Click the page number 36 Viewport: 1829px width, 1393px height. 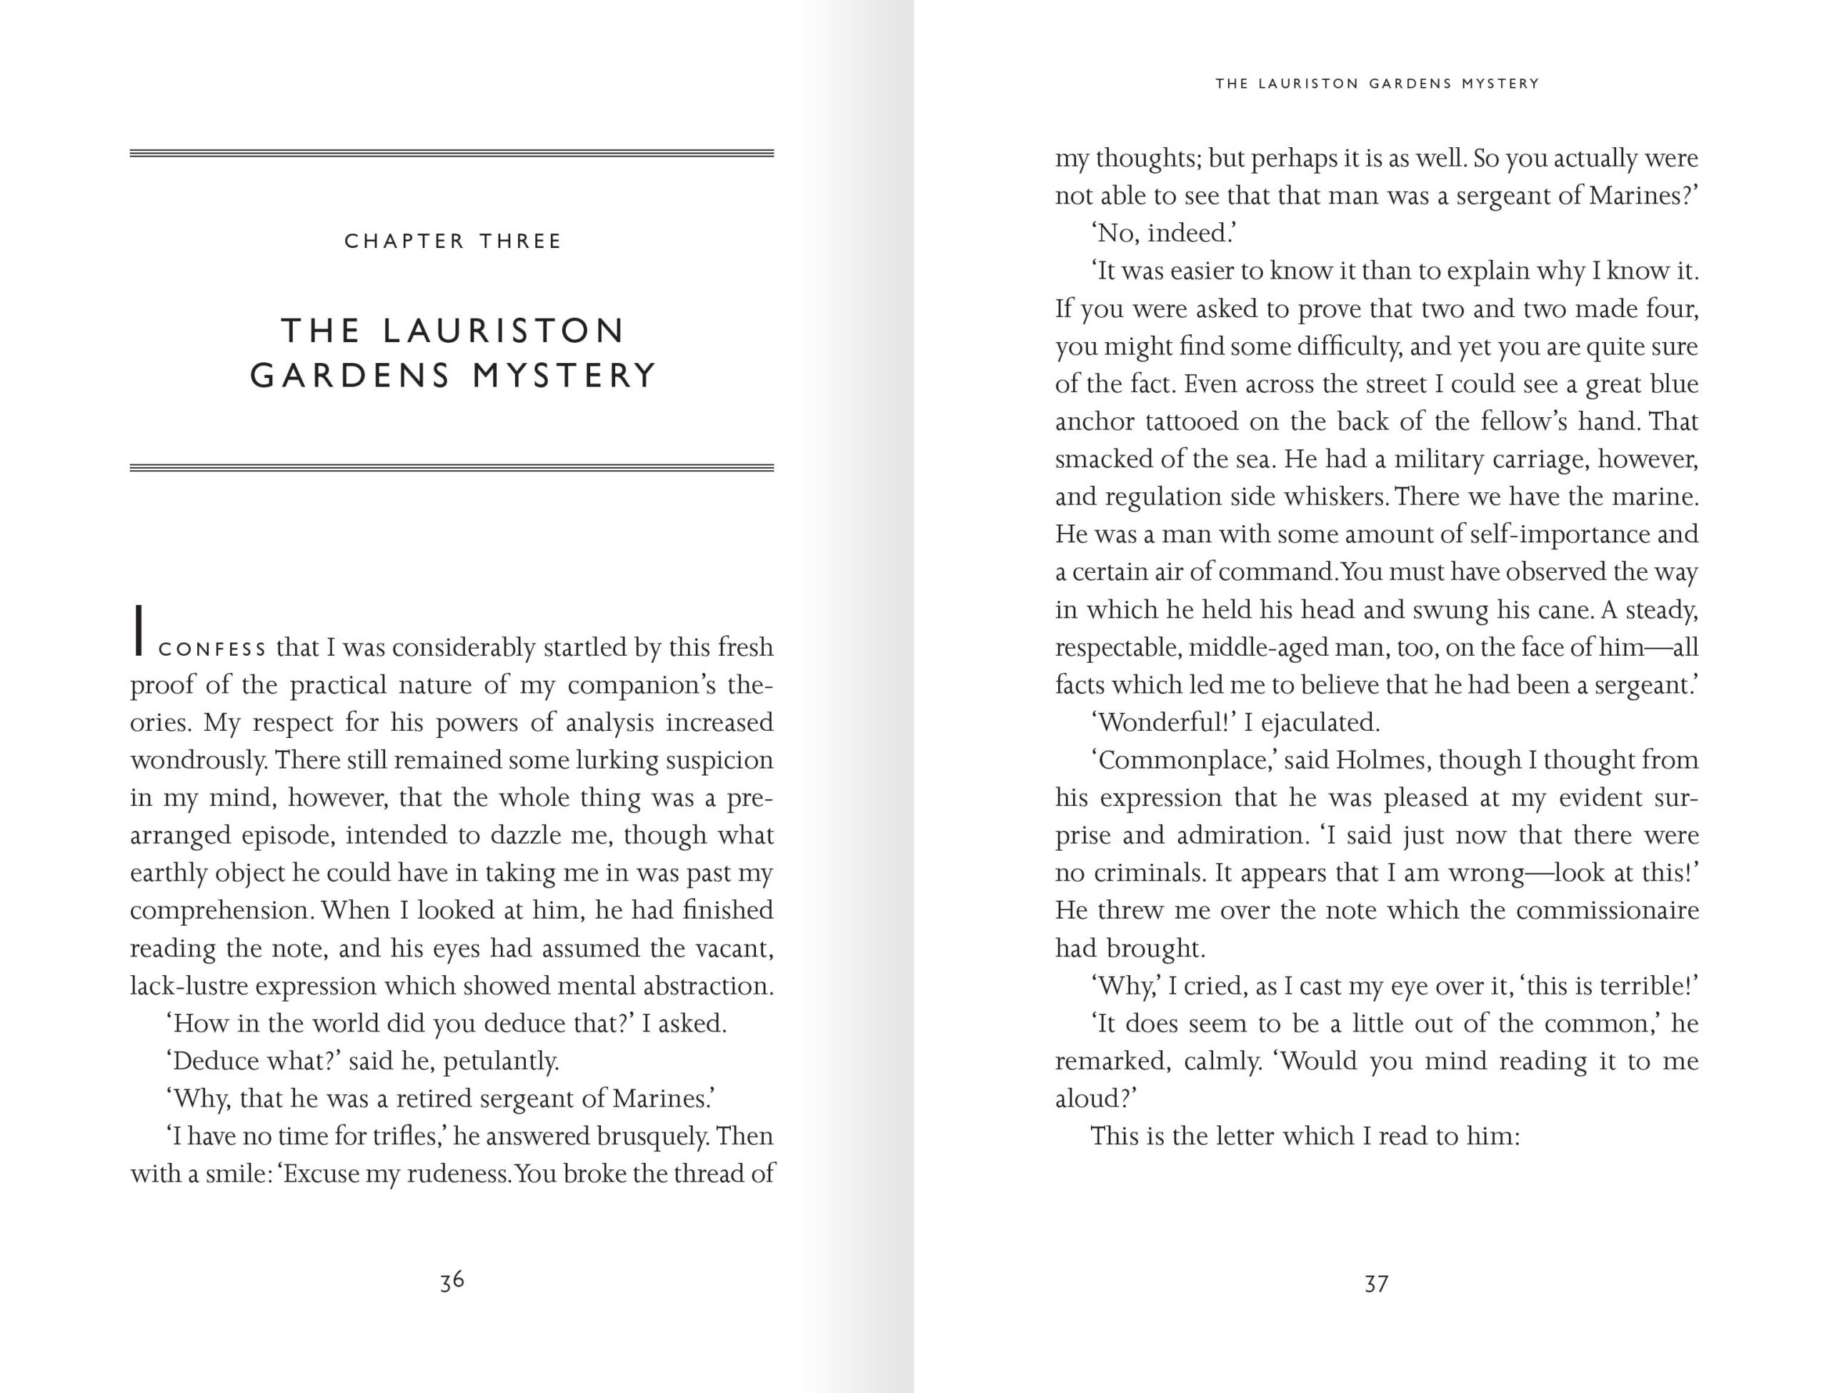point(452,1281)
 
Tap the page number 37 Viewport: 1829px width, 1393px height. point(1376,1284)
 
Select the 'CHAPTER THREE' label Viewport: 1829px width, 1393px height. point(453,241)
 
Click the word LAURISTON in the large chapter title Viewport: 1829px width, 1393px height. point(502,331)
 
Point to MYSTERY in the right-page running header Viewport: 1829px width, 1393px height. point(1500,84)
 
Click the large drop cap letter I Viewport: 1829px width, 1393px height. point(139,631)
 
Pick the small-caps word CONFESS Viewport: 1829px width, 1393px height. point(212,649)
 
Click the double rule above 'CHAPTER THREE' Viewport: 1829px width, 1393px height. point(452,154)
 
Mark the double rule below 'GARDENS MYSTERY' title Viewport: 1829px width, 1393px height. point(452,468)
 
